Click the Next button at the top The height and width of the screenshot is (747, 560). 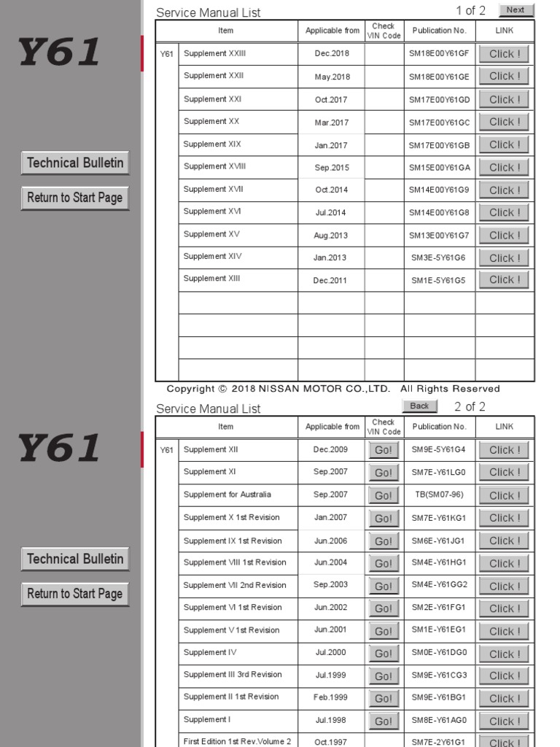click(516, 10)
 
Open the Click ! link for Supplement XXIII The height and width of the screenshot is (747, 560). click(505, 54)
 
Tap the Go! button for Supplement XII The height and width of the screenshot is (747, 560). click(384, 451)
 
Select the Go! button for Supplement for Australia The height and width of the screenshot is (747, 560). click(384, 496)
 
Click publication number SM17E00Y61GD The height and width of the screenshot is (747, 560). click(440, 99)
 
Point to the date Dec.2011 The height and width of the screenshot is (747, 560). click(331, 280)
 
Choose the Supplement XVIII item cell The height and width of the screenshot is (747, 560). click(214, 166)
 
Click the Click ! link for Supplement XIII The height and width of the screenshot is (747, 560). click(505, 280)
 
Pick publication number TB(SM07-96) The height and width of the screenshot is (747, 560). click(438, 495)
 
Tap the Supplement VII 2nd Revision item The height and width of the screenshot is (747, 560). click(235, 585)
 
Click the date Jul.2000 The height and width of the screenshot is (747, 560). click(331, 653)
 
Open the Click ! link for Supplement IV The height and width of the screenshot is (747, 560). click(505, 654)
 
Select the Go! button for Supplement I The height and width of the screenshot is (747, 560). click(384, 721)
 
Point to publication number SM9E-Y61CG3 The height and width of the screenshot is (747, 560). click(439, 676)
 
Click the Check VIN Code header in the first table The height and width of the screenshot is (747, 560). click(384, 31)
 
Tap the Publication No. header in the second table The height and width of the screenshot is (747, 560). click(439, 427)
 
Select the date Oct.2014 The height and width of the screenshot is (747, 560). click(331, 190)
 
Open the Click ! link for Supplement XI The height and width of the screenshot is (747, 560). click(505, 473)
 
